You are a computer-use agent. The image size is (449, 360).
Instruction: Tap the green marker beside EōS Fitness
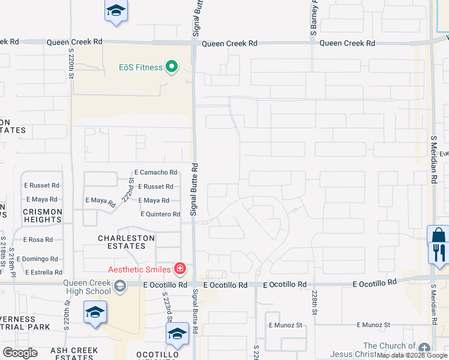pyautogui.click(x=172, y=67)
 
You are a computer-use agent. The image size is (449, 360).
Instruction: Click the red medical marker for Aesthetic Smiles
pyautogui.click(x=179, y=268)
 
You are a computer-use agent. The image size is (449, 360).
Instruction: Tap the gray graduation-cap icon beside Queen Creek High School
pyautogui.click(x=121, y=286)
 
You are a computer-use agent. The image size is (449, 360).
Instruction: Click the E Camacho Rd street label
pyautogui.click(x=156, y=172)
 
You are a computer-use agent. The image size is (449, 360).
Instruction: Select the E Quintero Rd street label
pyautogui.click(x=160, y=214)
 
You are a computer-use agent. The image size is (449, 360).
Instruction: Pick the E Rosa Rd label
pyautogui.click(x=38, y=239)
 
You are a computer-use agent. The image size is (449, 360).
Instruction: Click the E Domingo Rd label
pyautogui.click(x=37, y=259)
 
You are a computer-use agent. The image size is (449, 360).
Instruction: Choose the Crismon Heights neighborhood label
pyautogui.click(x=42, y=215)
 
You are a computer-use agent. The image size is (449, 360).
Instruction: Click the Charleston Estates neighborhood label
pyautogui.click(x=126, y=242)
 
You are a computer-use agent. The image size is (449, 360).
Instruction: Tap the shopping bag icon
pyautogui.click(x=438, y=235)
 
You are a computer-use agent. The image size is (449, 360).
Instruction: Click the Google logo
pyautogui.click(x=20, y=353)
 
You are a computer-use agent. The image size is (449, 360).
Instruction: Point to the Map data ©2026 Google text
pyautogui.click(x=412, y=355)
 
